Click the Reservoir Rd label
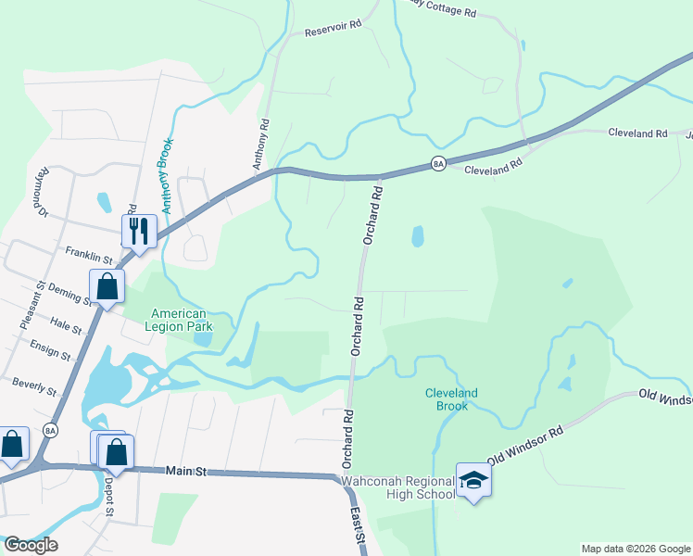coord(333,31)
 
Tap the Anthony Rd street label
coord(264,136)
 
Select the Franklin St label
coord(88,251)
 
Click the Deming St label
coord(70,294)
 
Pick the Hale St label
coord(67,323)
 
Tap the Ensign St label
coord(50,349)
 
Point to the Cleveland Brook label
coord(451,399)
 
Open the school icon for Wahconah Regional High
coord(473,480)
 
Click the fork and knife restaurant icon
coord(139,232)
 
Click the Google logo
coord(30,545)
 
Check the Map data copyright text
coord(635,549)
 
